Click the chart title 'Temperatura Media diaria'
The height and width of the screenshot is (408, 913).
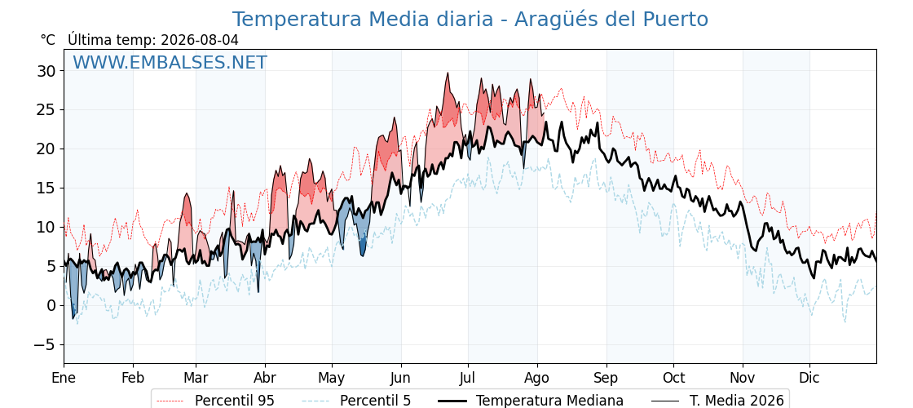(x=363, y=20)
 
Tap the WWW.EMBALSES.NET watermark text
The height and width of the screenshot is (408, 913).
(x=170, y=62)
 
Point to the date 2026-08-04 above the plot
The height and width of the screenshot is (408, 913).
(x=200, y=40)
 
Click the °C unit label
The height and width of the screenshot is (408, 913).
(x=48, y=40)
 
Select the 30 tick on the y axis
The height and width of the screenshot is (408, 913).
(x=47, y=71)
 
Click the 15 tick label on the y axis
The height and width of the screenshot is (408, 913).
(x=47, y=188)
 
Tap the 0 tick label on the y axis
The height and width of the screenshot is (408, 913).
(x=52, y=305)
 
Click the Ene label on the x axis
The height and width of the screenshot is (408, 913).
(x=64, y=378)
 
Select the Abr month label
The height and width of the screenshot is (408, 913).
(x=265, y=378)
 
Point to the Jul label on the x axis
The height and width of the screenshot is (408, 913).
(x=468, y=378)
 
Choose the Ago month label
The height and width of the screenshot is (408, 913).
(x=537, y=378)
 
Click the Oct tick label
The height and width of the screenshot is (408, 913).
(x=673, y=378)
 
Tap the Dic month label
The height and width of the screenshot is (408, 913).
(x=809, y=378)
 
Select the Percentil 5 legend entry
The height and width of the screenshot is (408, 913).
(x=356, y=401)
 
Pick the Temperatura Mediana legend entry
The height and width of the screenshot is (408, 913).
(x=530, y=401)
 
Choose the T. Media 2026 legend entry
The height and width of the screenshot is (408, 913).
(x=717, y=401)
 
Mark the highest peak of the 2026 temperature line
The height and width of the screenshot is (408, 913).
(x=448, y=73)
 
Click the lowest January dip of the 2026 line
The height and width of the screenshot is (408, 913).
(x=73, y=318)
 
